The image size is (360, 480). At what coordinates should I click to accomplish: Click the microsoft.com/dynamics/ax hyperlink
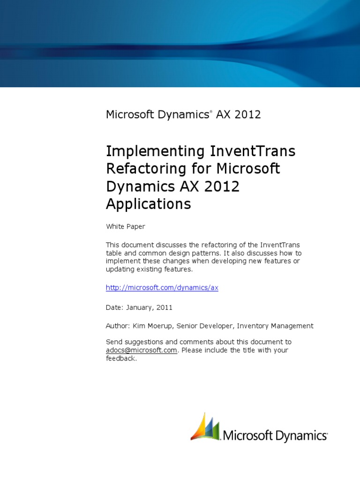[162, 288]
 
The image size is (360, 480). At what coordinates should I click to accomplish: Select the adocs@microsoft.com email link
[142, 350]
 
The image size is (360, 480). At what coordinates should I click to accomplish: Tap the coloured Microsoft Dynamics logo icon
[204, 427]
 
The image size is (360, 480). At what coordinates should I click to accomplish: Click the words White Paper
[125, 226]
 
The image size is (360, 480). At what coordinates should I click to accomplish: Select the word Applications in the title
[148, 204]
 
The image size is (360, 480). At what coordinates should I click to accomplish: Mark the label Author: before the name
[117, 326]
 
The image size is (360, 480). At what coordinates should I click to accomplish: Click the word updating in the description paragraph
[119, 270]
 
